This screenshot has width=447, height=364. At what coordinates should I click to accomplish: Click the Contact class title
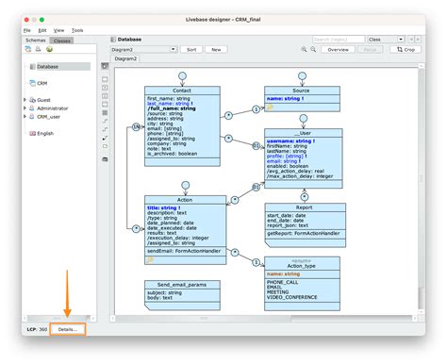(x=182, y=91)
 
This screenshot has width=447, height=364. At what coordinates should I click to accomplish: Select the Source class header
(x=301, y=91)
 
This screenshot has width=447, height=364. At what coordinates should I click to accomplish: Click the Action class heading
(x=186, y=200)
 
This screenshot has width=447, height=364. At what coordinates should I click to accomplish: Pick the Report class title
(x=305, y=207)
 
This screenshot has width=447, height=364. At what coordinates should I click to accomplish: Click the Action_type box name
(x=302, y=265)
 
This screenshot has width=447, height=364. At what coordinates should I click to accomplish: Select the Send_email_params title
(x=182, y=284)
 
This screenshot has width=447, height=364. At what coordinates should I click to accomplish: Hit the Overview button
(x=339, y=49)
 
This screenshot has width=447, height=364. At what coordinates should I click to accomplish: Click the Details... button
(x=67, y=329)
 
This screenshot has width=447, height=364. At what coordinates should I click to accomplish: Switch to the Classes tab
(x=61, y=41)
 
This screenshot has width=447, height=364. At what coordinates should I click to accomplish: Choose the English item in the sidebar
(x=46, y=133)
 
